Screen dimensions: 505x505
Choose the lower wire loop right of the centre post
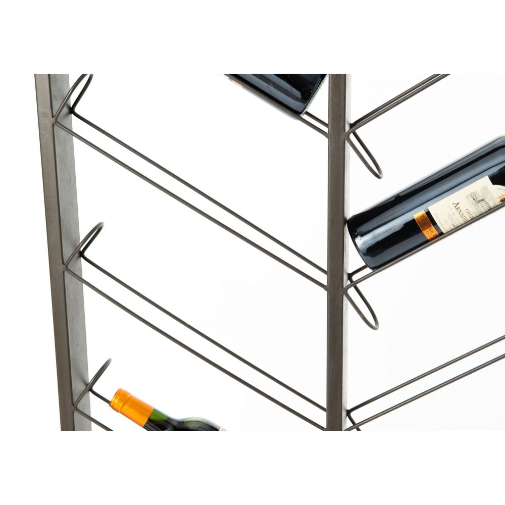(x=364, y=309)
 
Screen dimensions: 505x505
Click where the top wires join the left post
(x=56, y=121)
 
